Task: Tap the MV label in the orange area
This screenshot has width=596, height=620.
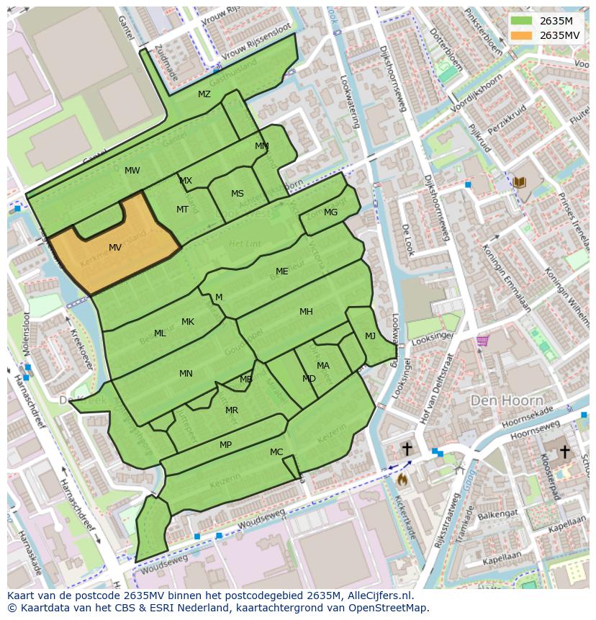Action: [x=115, y=248]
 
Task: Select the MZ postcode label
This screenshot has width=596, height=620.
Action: [x=204, y=94]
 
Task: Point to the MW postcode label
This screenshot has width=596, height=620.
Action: [x=132, y=171]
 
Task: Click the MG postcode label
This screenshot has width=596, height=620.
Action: [x=330, y=212]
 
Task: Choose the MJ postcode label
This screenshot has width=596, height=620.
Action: [x=370, y=336]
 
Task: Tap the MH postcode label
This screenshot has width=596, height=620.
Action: [x=306, y=312]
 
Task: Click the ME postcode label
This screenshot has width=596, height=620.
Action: [x=281, y=271]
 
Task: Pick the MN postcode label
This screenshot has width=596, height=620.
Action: [x=186, y=373]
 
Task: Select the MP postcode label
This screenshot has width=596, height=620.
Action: [x=225, y=445]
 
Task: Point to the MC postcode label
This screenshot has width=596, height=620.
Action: [x=276, y=452]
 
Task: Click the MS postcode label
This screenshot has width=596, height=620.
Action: [x=238, y=194]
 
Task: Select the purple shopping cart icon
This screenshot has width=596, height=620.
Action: [x=482, y=340]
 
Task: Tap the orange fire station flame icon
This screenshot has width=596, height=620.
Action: [x=402, y=478]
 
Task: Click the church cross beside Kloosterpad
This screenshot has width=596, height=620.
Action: [x=565, y=451]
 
